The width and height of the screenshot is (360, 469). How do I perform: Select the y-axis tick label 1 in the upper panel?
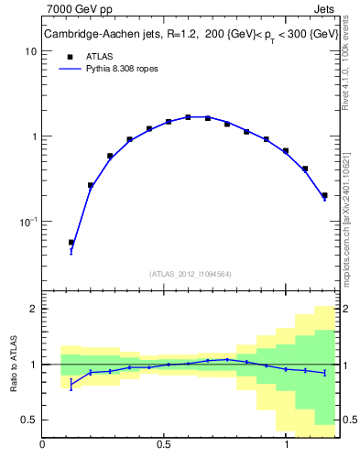[x=33, y=136]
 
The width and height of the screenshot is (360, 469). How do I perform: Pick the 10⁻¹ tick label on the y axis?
[x=27, y=222]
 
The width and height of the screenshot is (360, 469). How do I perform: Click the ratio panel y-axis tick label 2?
[x=33, y=309]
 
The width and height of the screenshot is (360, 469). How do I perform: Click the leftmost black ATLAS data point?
[x=71, y=243]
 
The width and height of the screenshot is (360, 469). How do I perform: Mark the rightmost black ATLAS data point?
[x=325, y=195]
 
